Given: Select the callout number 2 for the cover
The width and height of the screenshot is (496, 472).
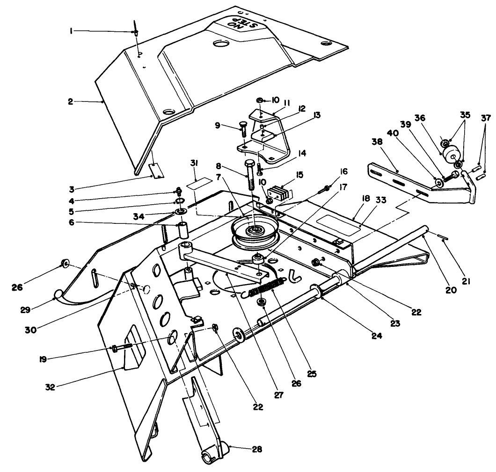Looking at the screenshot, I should coord(70,101).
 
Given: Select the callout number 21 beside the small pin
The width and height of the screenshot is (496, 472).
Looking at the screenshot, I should coord(467,281).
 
